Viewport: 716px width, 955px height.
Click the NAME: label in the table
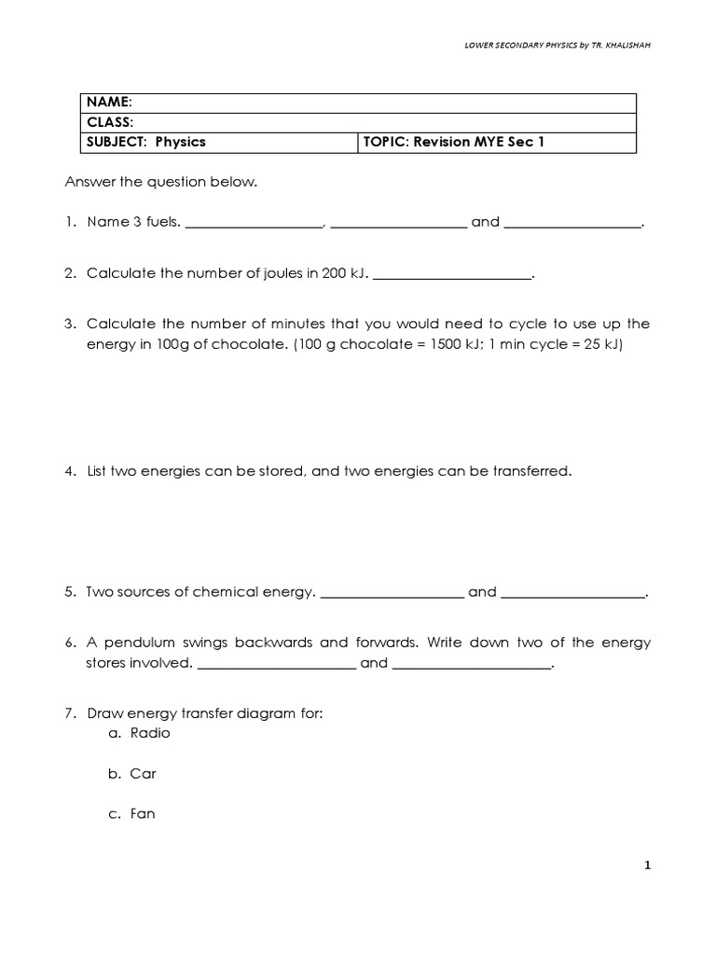pos(110,102)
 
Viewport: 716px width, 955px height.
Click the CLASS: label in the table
pos(110,122)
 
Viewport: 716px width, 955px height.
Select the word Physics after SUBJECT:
pos(180,142)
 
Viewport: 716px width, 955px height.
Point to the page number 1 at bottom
pos(647,865)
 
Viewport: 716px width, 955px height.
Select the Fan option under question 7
pos(143,813)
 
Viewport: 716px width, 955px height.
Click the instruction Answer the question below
pos(159,182)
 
